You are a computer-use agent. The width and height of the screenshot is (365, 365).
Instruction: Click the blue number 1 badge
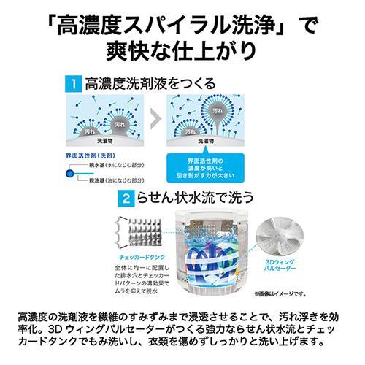[73, 84]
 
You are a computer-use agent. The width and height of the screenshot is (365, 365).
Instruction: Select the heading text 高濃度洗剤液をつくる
[150, 84]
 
